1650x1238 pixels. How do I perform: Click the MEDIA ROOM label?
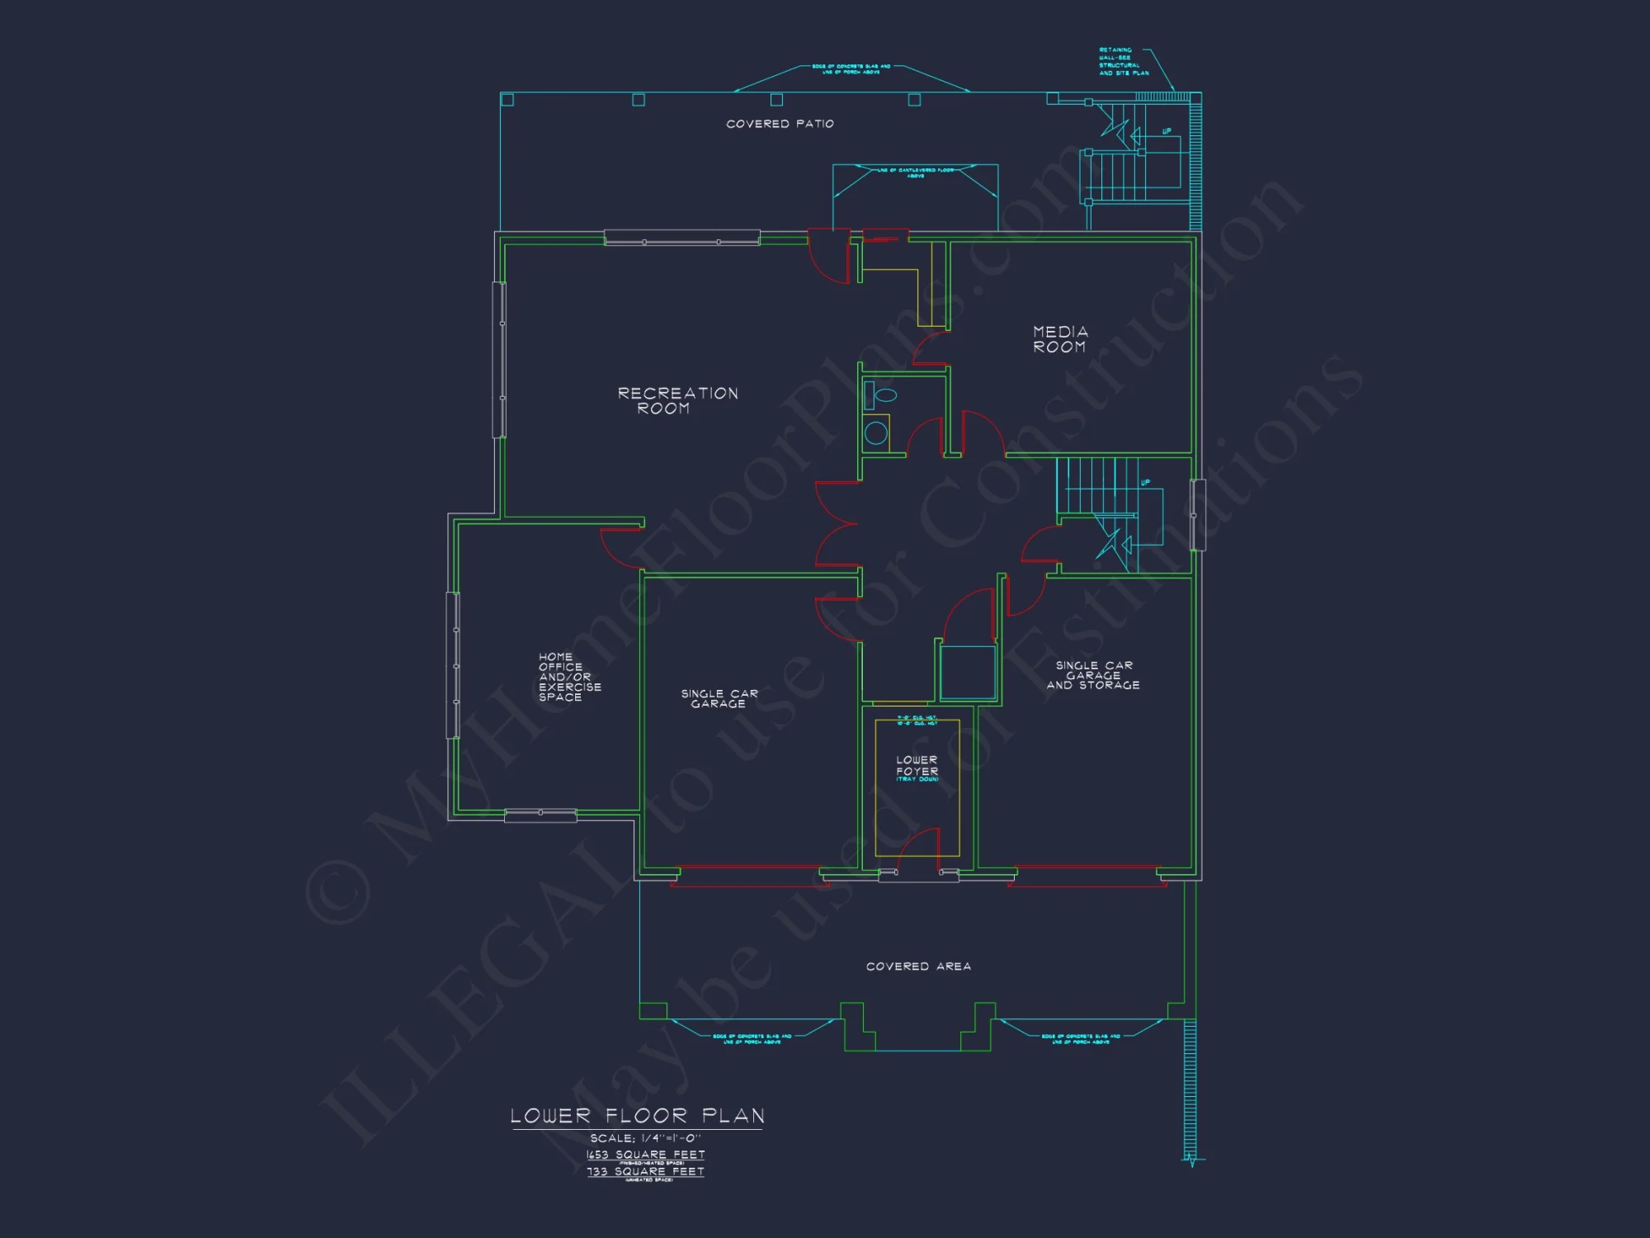click(x=1060, y=339)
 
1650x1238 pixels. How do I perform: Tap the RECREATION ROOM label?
click(x=677, y=400)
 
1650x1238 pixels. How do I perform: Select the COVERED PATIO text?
click(x=780, y=124)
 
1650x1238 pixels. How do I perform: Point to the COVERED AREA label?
click(x=918, y=966)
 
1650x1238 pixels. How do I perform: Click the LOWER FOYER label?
click(x=917, y=766)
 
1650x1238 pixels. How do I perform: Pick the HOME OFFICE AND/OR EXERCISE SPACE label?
click(x=569, y=677)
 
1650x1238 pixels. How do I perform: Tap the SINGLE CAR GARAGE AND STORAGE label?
click(x=1093, y=675)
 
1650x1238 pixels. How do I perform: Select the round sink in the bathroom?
click(x=876, y=432)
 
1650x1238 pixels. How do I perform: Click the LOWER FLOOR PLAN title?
click(x=638, y=1116)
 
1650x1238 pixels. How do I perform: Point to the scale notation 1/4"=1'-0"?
click(x=645, y=1138)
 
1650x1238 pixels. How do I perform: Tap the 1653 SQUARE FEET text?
click(x=645, y=1155)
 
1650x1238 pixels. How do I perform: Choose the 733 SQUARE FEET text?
click(x=645, y=1171)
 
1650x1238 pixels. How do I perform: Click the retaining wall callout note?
click(x=1123, y=62)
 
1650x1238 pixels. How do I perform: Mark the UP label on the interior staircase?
click(x=1145, y=483)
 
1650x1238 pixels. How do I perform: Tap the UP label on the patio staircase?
click(x=1167, y=131)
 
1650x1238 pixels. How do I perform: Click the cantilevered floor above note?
click(x=915, y=172)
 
